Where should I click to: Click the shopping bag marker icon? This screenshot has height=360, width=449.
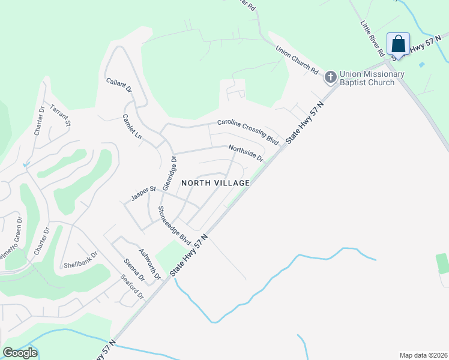coord(398,44)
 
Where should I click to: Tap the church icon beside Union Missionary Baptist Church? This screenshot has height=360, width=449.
coord(330,77)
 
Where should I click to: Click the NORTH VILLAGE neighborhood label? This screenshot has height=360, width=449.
coord(215,182)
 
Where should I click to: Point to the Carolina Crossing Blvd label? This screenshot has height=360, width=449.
coord(249,131)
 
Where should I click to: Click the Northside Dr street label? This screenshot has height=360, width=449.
coord(246,153)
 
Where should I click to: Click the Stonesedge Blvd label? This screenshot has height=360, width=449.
coord(174,226)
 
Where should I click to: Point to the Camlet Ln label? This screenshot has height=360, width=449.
coord(132,127)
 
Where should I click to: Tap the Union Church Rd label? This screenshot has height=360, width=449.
coord(297,60)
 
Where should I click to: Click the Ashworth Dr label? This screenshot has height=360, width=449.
coord(150,265)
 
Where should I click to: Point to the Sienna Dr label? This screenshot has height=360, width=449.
coord(134,269)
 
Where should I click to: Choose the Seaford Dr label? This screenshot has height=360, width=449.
coord(132,287)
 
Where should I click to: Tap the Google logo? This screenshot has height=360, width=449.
coord(20,353)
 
